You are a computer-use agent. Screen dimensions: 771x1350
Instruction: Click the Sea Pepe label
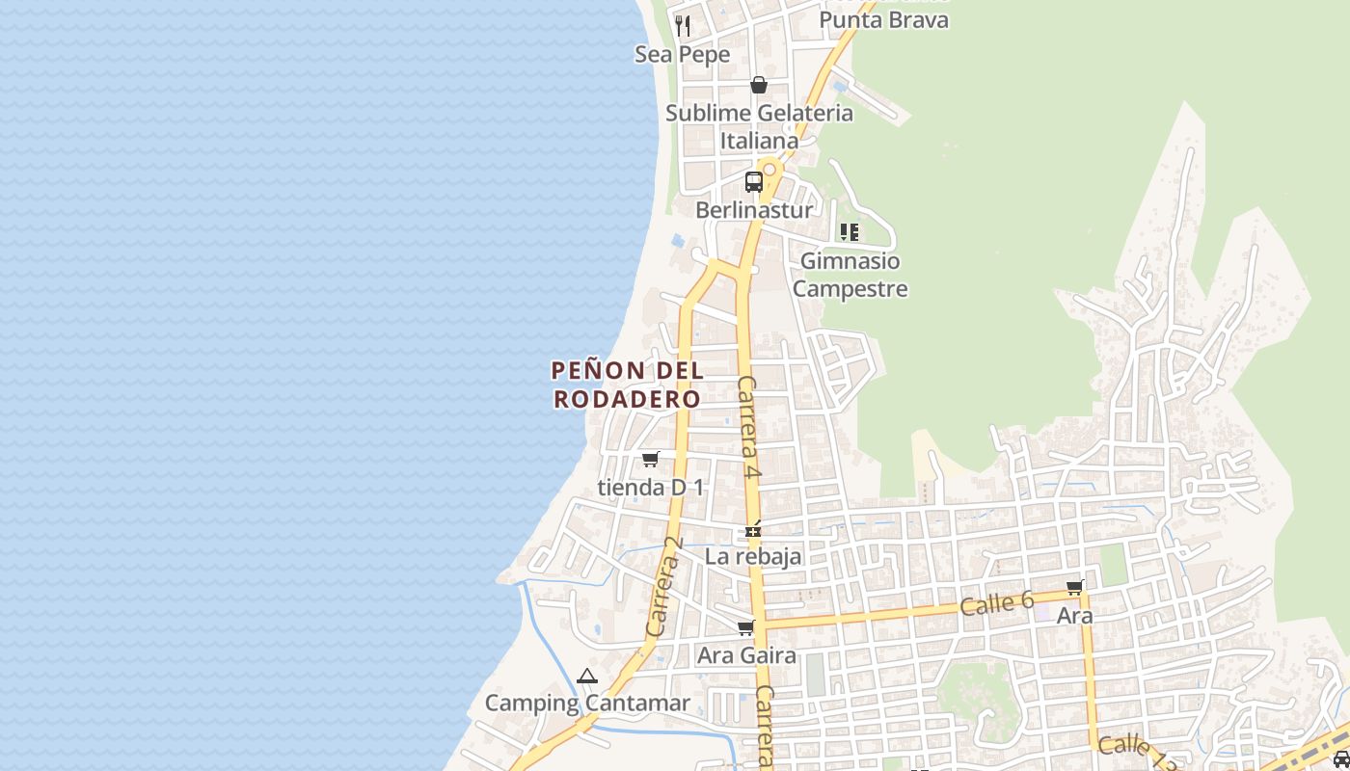tap(682, 55)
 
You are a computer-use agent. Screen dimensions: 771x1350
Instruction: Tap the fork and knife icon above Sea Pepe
tap(683, 24)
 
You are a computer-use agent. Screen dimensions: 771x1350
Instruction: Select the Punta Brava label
tap(883, 19)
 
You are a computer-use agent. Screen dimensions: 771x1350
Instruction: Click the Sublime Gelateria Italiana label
tap(759, 126)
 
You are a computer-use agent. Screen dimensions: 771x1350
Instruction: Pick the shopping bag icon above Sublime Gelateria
tap(759, 85)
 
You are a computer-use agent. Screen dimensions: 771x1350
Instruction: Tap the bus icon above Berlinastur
tap(754, 181)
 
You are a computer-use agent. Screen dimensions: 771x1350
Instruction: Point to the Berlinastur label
tap(754, 209)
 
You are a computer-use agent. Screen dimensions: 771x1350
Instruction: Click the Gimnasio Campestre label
tap(850, 275)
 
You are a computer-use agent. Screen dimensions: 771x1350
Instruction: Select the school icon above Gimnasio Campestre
tap(850, 231)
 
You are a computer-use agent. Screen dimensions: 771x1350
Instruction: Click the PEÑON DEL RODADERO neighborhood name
tap(627, 385)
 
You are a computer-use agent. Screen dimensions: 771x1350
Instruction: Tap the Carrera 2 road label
tap(663, 586)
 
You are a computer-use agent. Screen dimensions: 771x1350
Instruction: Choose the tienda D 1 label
tap(651, 488)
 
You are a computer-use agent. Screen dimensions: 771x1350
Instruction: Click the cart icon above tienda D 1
tap(651, 459)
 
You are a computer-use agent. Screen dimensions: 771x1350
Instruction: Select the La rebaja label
tap(753, 556)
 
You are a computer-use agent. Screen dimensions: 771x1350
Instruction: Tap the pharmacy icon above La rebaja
tap(753, 529)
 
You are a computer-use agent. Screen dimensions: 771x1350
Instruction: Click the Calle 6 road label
tap(996, 604)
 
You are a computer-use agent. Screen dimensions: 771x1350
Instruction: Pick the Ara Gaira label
tap(746, 655)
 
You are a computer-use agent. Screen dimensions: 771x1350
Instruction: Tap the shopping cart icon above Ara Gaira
tap(745, 628)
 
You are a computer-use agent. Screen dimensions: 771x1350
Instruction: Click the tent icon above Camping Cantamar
tap(586, 677)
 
